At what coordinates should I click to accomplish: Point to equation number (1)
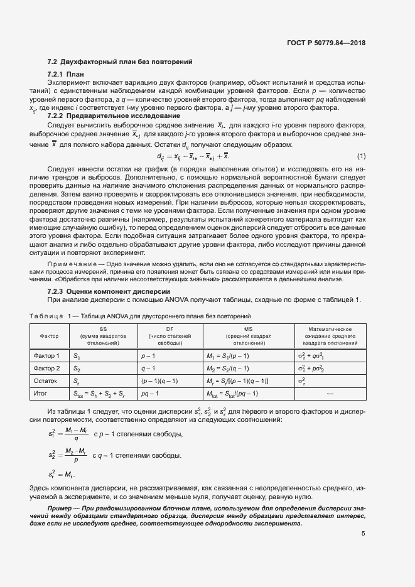click(361, 156)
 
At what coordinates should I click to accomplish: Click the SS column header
click(103, 329)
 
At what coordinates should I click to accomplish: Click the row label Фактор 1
click(46, 356)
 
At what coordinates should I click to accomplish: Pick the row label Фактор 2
click(46, 368)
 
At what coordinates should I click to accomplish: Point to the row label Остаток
click(45, 380)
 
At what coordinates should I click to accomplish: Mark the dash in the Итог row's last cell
click(330, 393)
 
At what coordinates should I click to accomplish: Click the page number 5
click(363, 534)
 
